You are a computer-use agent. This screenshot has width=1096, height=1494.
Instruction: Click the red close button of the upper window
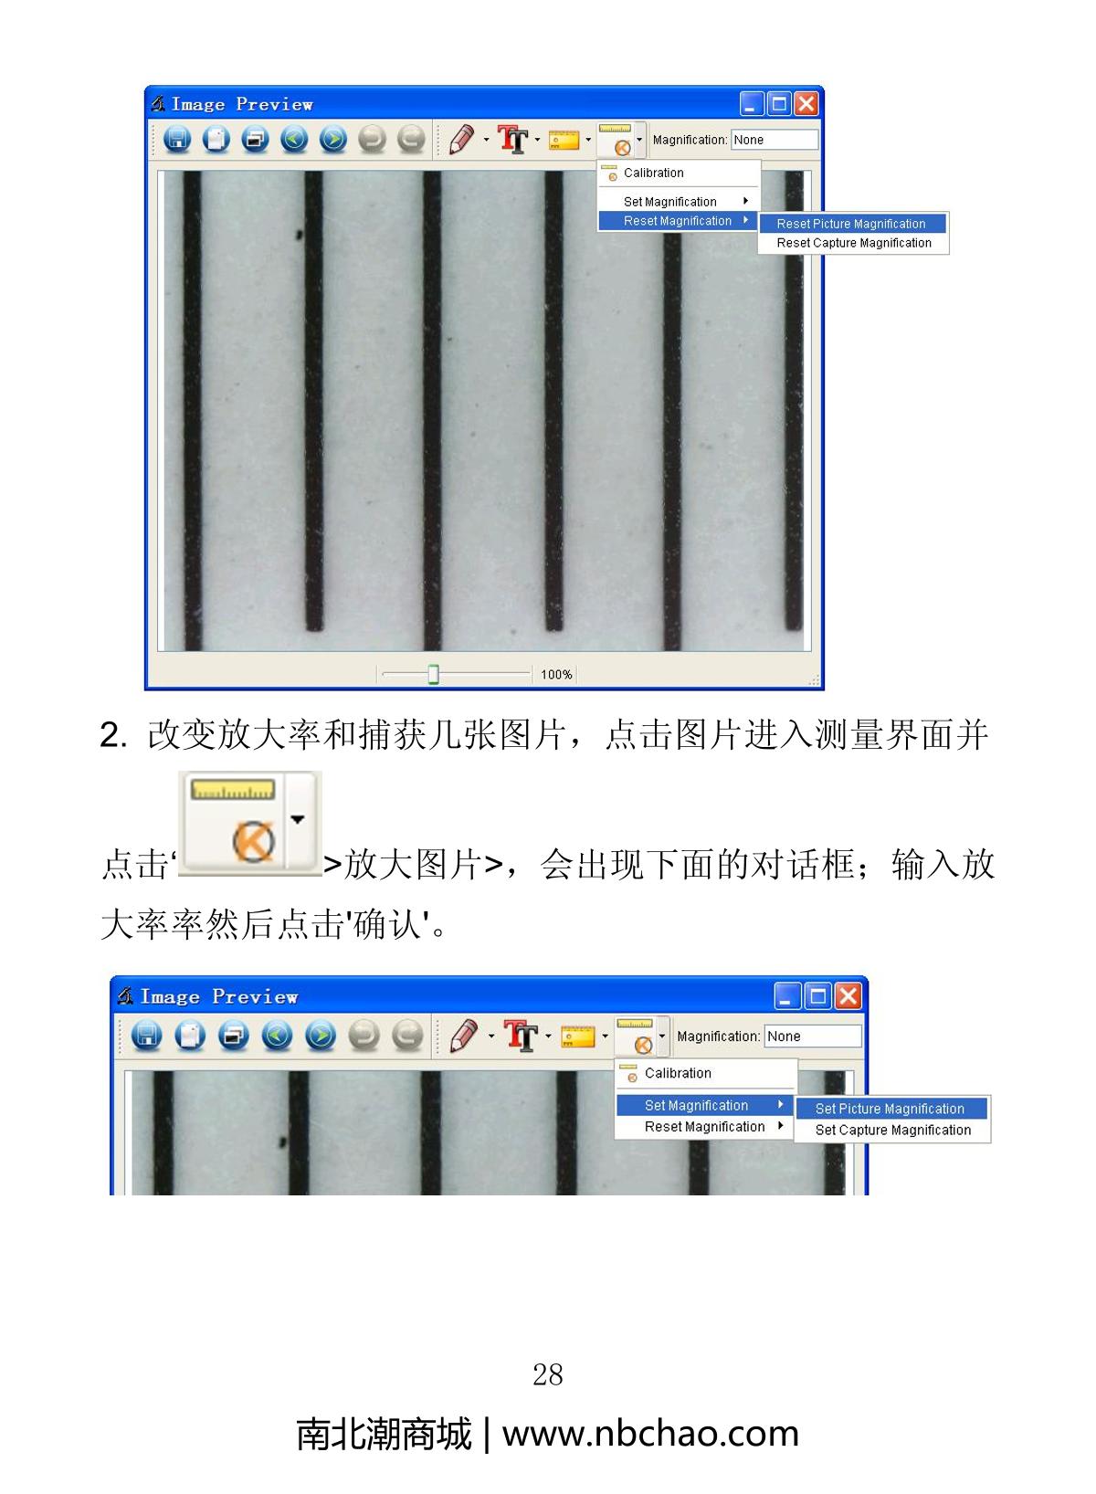click(806, 104)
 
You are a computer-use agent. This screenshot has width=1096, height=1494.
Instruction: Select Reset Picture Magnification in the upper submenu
click(850, 224)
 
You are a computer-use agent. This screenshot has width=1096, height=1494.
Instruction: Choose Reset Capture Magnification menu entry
click(854, 243)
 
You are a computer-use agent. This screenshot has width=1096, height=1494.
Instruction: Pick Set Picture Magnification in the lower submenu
click(890, 1109)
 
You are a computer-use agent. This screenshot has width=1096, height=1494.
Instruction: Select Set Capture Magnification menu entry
click(892, 1130)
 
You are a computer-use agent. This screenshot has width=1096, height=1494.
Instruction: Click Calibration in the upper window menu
click(653, 173)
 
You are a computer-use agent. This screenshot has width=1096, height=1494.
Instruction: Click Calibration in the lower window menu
click(677, 1073)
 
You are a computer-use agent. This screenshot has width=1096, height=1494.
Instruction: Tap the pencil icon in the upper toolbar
click(461, 140)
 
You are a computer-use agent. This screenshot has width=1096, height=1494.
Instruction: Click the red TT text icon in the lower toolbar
click(521, 1036)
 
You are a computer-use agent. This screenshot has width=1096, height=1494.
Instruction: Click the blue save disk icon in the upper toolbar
click(177, 140)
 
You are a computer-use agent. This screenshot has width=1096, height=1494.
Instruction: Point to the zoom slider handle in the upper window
click(433, 674)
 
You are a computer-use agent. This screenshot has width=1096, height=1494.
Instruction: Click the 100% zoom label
click(556, 674)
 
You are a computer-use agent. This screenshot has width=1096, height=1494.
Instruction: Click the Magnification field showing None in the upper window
click(775, 140)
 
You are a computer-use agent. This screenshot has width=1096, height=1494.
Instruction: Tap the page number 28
click(548, 1375)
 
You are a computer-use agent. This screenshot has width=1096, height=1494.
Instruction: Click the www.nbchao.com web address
click(650, 1434)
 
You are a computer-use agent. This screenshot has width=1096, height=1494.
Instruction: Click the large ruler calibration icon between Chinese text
click(250, 823)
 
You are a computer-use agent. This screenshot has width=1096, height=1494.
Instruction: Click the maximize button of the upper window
click(779, 104)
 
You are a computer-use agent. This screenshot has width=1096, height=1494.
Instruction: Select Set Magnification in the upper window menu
click(669, 202)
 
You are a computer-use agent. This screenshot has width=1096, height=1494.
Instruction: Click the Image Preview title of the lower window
click(219, 996)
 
